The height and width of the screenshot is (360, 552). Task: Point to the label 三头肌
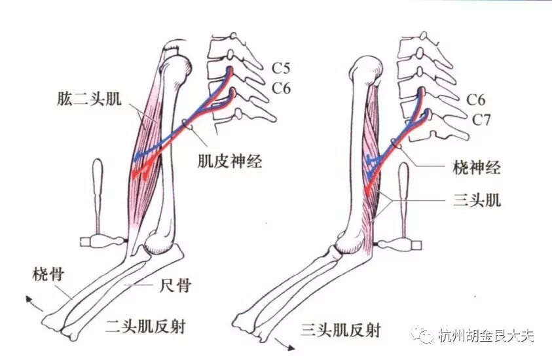[477, 200]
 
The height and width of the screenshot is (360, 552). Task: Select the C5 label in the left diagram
[282, 67]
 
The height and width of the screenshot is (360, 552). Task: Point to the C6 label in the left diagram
[282, 88]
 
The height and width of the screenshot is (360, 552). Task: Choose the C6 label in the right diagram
[476, 99]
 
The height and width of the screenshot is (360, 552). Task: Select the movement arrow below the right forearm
[282, 342]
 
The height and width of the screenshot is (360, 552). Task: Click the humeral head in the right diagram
[366, 66]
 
